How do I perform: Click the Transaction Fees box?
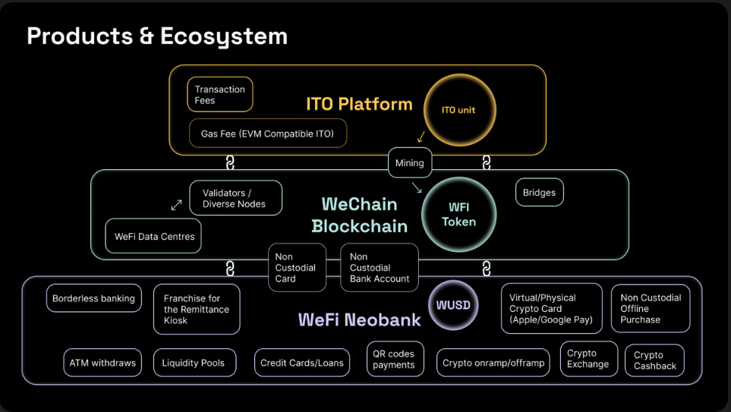pos(219,95)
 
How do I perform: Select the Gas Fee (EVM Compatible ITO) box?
pos(267,134)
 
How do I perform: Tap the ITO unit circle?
pos(458,110)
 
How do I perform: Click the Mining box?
pos(410,162)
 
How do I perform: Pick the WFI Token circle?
pos(458,215)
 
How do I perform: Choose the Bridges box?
pos(539,193)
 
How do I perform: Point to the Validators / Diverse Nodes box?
pos(235,198)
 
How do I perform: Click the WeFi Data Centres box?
pos(154,236)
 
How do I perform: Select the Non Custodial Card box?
pos(297,268)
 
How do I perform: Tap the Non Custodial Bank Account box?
pos(379,268)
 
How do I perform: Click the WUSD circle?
pos(453,306)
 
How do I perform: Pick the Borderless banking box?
pos(93,298)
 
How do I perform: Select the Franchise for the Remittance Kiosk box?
pos(197,310)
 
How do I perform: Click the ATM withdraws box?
pos(102,363)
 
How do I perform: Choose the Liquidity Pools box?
pos(194,363)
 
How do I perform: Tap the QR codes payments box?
pos(394,359)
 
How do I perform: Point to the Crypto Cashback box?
pos(654,360)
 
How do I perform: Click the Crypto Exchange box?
pos(588,359)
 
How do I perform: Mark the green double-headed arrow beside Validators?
pos(176,205)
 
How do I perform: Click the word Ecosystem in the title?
pos(225,36)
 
